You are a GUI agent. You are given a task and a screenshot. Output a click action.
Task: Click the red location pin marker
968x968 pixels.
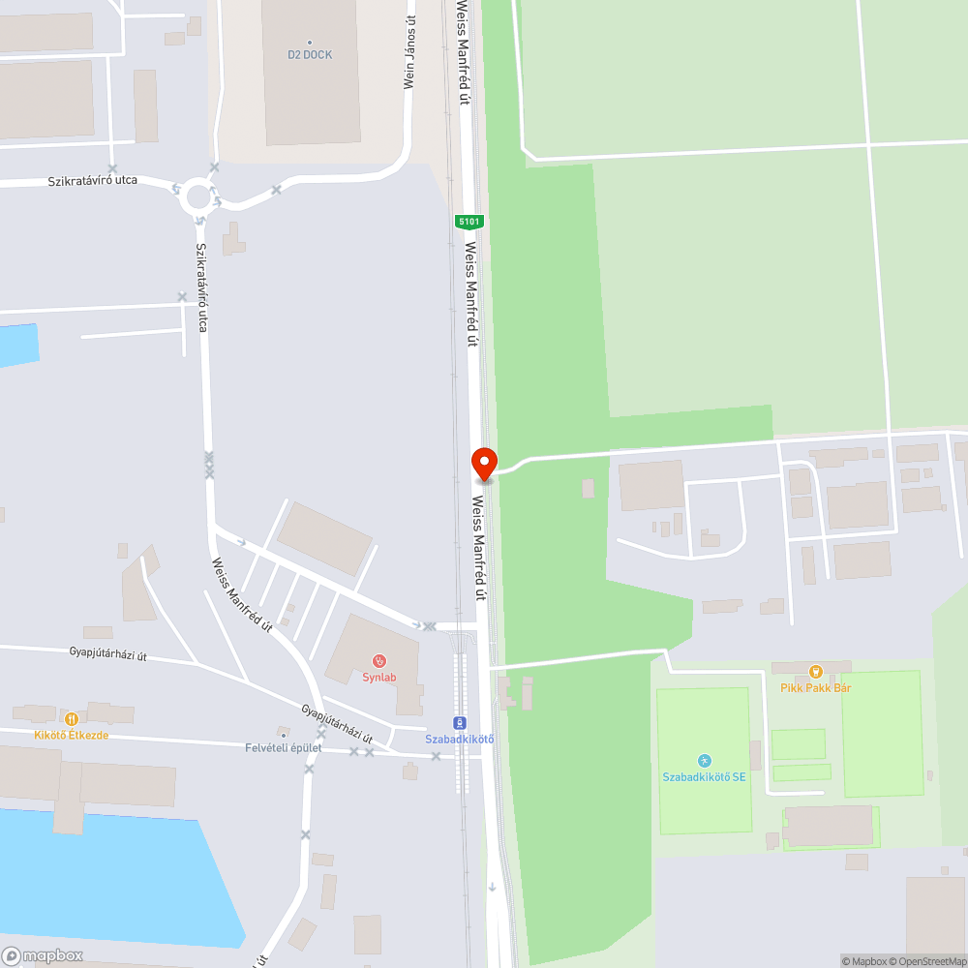(484, 464)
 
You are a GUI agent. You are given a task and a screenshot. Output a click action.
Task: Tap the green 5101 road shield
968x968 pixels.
(469, 222)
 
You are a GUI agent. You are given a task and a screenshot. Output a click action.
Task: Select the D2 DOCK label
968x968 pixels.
(310, 55)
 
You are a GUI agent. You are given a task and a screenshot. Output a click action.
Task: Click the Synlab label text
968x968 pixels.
(379, 678)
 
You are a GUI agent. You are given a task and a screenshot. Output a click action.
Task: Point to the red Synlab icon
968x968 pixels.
(378, 661)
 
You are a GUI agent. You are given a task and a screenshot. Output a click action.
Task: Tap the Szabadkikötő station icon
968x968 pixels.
(460, 722)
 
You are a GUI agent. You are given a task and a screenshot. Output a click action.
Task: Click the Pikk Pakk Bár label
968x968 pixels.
(815, 688)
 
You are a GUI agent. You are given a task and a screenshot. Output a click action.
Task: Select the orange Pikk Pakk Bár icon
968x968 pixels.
(815, 671)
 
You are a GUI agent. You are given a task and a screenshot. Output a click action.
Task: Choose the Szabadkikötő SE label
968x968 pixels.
(704, 777)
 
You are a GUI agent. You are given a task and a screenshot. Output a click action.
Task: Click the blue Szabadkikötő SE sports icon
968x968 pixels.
(704, 761)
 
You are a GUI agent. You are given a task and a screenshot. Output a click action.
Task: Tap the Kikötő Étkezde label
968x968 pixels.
(71, 736)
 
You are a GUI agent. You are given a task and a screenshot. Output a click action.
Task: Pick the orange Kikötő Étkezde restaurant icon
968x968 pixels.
(71, 718)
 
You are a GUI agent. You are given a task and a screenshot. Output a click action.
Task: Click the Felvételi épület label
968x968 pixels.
(283, 748)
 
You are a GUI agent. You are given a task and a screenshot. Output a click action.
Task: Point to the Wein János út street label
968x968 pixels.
(409, 53)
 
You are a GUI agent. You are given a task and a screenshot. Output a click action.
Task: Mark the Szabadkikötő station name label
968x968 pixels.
(460, 741)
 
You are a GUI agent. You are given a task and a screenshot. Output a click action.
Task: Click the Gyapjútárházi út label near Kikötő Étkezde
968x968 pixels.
(107, 655)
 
